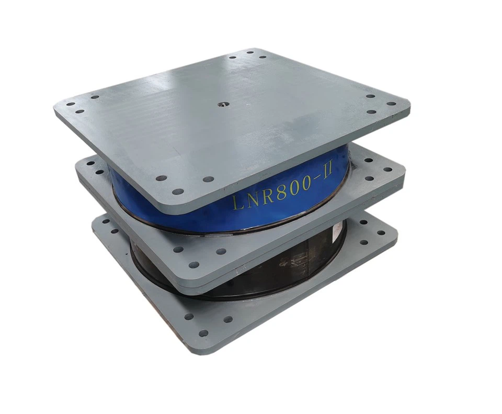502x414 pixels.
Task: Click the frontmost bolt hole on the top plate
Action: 178,192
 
